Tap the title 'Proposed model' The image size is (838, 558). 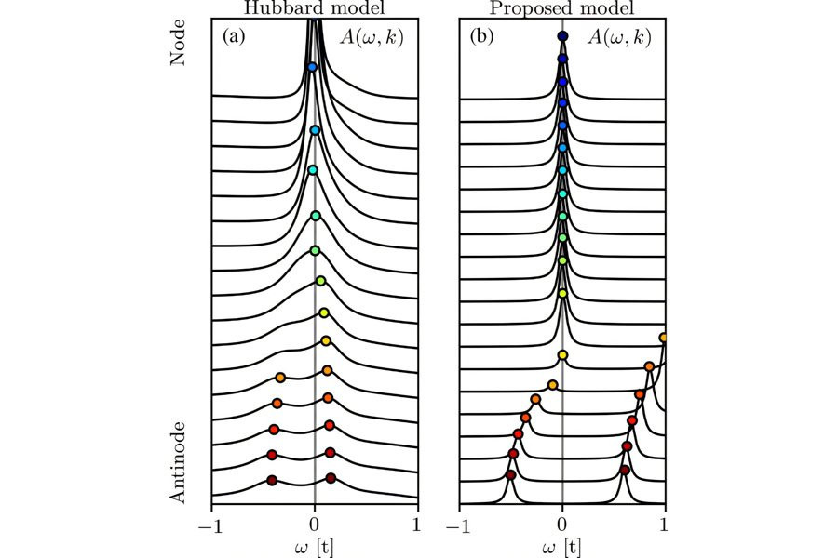tap(561, 8)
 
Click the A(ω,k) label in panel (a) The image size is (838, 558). tap(372, 38)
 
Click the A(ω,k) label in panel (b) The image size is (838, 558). tap(621, 38)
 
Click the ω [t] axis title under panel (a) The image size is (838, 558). tap(315, 546)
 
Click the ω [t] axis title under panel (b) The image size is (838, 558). tap(562, 546)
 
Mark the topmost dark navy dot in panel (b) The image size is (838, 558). tap(562, 36)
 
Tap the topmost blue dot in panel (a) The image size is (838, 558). tap(312, 67)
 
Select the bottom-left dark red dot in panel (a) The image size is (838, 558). tap(272, 480)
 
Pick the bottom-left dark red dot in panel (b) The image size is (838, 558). tap(510, 475)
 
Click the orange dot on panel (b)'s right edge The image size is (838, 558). tap(664, 337)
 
